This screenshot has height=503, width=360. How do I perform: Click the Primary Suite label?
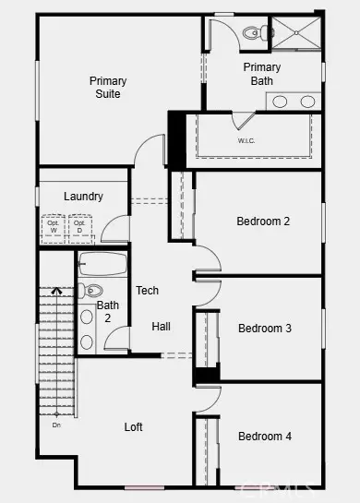(x=108, y=88)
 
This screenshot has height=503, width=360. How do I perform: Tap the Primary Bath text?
(x=262, y=74)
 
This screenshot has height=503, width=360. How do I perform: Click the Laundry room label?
(x=83, y=197)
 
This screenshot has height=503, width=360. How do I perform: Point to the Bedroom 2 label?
(x=263, y=222)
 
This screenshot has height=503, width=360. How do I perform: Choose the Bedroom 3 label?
(x=265, y=329)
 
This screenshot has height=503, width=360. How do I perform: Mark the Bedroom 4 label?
(x=265, y=436)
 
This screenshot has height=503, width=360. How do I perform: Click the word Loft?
(x=135, y=427)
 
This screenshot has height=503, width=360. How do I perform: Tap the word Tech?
(x=148, y=291)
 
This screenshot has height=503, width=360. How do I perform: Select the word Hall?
(x=162, y=327)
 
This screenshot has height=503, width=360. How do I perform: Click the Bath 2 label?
(x=108, y=311)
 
